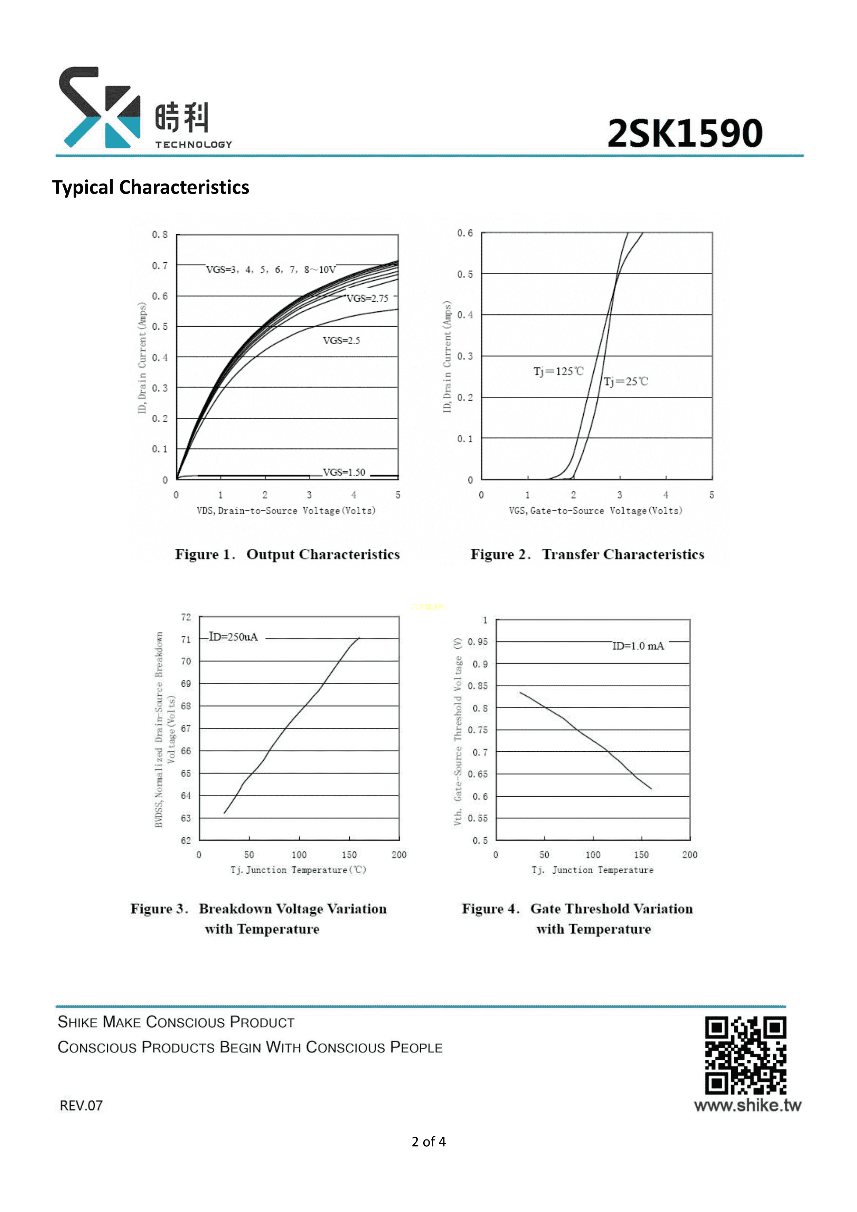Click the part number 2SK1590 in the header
pos(685,133)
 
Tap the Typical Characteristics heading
pos(150,187)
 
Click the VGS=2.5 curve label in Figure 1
pos(341,340)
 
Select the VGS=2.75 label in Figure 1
pos(367,298)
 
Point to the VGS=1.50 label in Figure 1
pos(343,472)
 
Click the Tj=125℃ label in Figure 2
pos(558,371)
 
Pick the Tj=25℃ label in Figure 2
pos(625,381)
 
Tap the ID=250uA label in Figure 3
pos(233,637)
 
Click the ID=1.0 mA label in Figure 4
pos(638,646)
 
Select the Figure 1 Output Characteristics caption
pos(287,554)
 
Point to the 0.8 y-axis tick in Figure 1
pos(159,234)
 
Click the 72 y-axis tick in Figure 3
pos(186,617)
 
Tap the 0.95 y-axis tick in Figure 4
pos(478,642)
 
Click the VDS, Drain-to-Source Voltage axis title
pos(286,510)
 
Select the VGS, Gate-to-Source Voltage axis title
pos(595,510)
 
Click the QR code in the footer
pos(745,1056)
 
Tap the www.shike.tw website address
pos(747,1105)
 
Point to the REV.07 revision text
pos(81,1105)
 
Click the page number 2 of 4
pos(428,1142)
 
